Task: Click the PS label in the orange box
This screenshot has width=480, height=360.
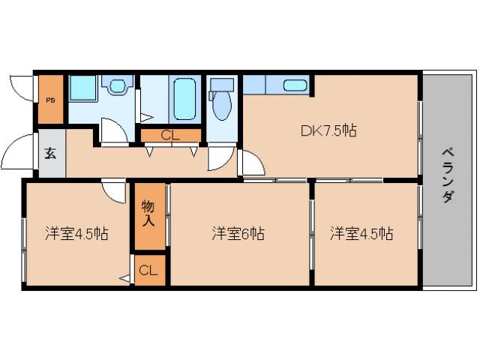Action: pos(51,99)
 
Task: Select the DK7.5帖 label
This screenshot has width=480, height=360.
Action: pos(328,130)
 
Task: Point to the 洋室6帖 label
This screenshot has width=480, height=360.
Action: pos(237,233)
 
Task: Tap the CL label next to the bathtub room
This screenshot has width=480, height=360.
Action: pos(170,136)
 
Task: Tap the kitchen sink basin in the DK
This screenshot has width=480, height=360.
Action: pos(295,85)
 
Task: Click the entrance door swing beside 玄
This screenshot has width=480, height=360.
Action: pos(19,154)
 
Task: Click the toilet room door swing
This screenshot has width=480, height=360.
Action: pos(220,157)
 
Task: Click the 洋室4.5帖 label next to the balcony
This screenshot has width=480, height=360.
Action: pos(361,233)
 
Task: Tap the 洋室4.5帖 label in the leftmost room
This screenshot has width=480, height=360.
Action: pos(76,233)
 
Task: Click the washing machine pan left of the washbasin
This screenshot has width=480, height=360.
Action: pos(84,90)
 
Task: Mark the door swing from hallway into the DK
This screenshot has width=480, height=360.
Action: pos(251,163)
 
